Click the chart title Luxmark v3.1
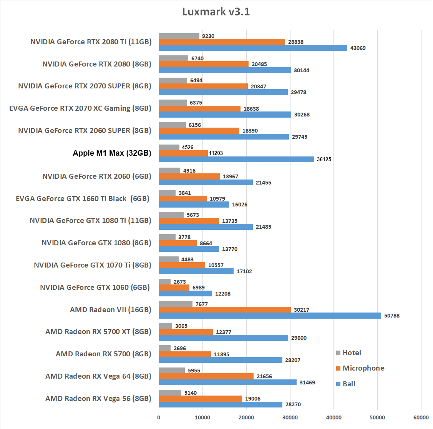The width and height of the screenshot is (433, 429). point(216,12)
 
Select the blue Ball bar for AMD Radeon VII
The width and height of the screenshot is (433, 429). point(270,316)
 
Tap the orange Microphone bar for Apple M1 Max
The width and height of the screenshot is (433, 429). point(183,153)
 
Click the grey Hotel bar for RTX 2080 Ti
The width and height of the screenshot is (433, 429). point(179,36)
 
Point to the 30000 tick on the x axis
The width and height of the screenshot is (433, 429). point(290,417)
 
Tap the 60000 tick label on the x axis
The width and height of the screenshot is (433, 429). point(421,417)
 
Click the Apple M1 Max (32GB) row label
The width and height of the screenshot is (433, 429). point(112,153)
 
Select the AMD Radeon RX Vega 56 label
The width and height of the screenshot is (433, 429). point(98,399)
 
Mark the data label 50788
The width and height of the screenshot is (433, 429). point(392,316)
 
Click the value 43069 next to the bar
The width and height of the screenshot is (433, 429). point(358,48)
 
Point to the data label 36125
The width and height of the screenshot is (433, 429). point(324,159)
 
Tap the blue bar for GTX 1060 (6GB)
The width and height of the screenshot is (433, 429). point(185,294)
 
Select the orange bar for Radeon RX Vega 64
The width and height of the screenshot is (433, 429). point(206,376)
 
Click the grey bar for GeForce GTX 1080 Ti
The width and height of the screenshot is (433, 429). point(171,215)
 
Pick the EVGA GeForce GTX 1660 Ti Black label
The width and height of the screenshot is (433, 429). point(82,199)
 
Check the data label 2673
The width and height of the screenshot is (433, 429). point(180,282)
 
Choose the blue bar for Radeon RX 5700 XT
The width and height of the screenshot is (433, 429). point(223,338)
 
